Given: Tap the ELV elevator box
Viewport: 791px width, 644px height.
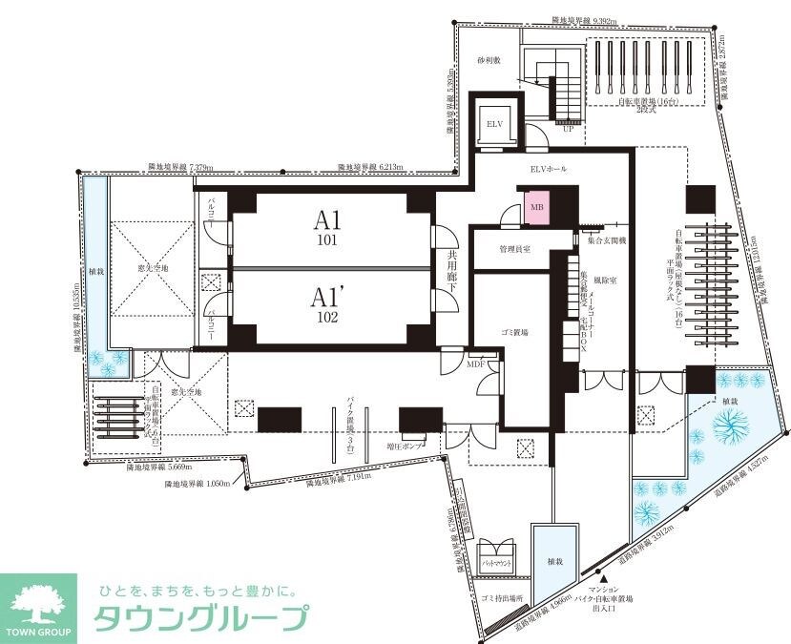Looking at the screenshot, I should coord(494,124).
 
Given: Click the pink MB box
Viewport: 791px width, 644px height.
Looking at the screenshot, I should coord(535,206).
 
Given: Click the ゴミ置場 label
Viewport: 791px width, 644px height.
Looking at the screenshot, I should coord(513,331).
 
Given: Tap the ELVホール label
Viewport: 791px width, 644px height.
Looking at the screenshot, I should coord(549,168).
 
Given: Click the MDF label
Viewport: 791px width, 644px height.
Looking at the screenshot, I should coord(477,364).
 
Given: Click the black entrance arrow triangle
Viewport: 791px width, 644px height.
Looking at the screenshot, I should coord(603,576).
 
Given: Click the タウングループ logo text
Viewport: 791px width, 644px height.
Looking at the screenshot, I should coord(199,618).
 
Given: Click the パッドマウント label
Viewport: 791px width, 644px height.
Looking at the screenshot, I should coord(499,564).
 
